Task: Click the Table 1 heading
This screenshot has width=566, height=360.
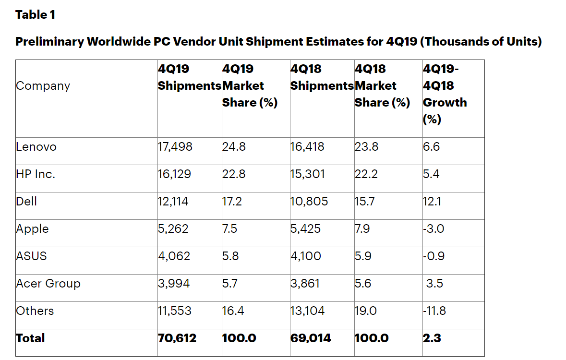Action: (36, 15)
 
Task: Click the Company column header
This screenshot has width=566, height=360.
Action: (43, 86)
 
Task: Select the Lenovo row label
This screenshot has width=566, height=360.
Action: (36, 147)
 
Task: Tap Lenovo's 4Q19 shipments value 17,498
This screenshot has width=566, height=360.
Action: (175, 147)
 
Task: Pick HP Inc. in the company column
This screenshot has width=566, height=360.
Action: (36, 174)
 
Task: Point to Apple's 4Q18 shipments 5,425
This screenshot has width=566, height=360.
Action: (306, 229)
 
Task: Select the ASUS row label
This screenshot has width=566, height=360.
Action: (32, 256)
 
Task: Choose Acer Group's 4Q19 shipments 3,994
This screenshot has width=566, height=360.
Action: (174, 284)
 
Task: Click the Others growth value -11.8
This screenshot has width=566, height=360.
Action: (434, 311)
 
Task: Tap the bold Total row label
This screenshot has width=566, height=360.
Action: (30, 338)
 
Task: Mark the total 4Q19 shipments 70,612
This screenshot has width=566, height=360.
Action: (177, 338)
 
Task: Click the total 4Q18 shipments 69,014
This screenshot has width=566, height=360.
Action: (311, 338)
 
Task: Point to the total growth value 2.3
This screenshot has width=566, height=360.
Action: (432, 338)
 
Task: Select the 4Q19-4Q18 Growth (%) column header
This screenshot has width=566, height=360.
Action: (445, 94)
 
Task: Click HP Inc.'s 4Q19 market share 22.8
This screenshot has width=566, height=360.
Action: (234, 174)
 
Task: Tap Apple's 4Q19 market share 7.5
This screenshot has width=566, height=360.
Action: (229, 229)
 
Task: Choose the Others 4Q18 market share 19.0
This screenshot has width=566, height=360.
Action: (366, 311)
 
